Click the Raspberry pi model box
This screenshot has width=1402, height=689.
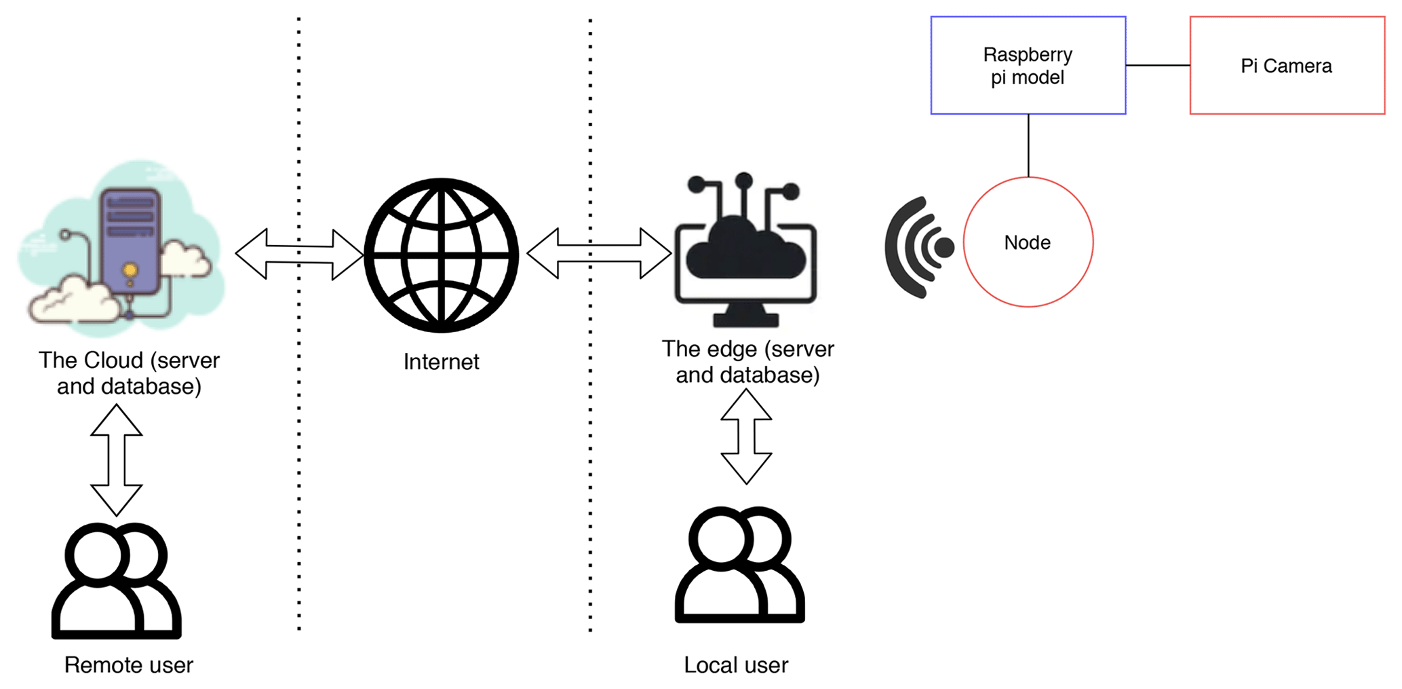coord(1028,65)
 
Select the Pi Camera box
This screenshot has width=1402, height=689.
coord(1287,65)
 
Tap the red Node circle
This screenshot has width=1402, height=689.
coord(1028,242)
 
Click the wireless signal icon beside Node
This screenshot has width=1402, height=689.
coord(917,247)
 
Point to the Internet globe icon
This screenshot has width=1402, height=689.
coord(442,255)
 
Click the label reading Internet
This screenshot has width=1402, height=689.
coord(441,362)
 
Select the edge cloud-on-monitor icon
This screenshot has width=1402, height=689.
coord(745,251)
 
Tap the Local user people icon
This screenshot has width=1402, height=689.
coord(739,565)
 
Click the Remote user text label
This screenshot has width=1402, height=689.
coord(128,665)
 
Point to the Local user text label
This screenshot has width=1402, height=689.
coord(736,665)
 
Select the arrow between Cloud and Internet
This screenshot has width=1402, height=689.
coord(299,254)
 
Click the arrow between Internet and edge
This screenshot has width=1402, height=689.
coord(599,253)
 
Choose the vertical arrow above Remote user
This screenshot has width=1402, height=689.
coord(117,460)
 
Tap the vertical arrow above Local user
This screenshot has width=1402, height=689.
coord(746,436)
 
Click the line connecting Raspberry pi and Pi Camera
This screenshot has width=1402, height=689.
coord(1158,65)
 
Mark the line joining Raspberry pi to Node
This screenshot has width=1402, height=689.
coord(1028,145)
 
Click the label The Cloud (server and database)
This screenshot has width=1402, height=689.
coord(129,373)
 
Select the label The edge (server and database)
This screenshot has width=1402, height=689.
coord(747,361)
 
